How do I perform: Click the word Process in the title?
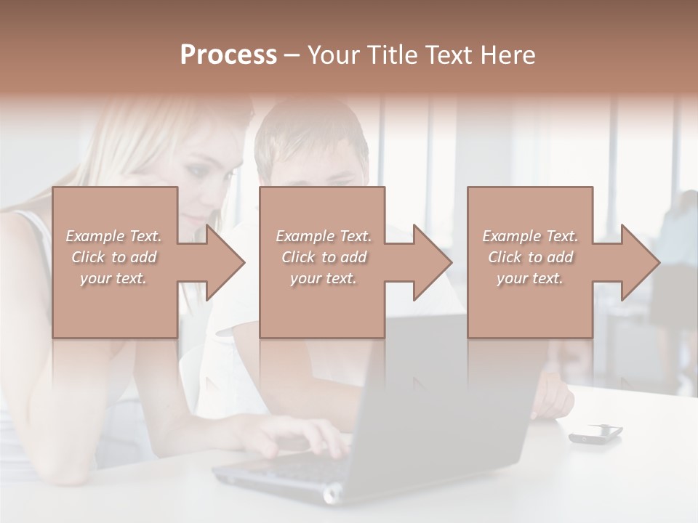point(228,55)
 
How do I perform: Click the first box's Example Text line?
point(114,236)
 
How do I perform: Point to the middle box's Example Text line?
point(324,236)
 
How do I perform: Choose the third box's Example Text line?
point(530,236)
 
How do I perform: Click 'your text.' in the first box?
point(113,278)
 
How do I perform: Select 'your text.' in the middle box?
point(324,278)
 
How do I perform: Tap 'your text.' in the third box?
point(530,278)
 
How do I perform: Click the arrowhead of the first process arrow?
point(225,262)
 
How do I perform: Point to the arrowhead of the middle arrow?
point(433,262)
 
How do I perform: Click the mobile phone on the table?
point(595,434)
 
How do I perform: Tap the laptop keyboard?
point(291,469)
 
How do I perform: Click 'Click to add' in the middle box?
point(324,257)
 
